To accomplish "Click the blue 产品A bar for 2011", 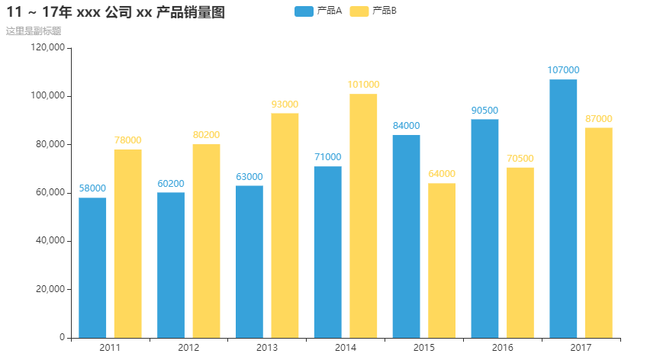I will (x=92, y=267).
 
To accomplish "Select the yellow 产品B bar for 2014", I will (x=363, y=215).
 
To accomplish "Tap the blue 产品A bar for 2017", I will (x=563, y=208).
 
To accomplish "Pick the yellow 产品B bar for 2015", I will (x=442, y=260).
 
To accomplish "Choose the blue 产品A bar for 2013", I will (x=249, y=261).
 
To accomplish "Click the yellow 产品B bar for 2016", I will (x=520, y=252).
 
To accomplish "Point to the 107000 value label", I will (x=563, y=70).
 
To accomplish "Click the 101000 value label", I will (x=363, y=85).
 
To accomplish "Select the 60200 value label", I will (x=171, y=183).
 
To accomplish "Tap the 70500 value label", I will (x=520, y=159).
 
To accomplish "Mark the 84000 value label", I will (x=406, y=126).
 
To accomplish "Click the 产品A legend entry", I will (x=317, y=11).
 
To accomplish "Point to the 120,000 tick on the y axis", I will (x=48, y=47).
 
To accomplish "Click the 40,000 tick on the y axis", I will (x=50, y=241).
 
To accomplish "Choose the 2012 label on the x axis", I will (x=188, y=348).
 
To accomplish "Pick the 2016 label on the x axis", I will (x=503, y=348).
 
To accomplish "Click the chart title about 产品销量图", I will (x=115, y=12).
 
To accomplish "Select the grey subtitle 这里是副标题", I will (x=34, y=31).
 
